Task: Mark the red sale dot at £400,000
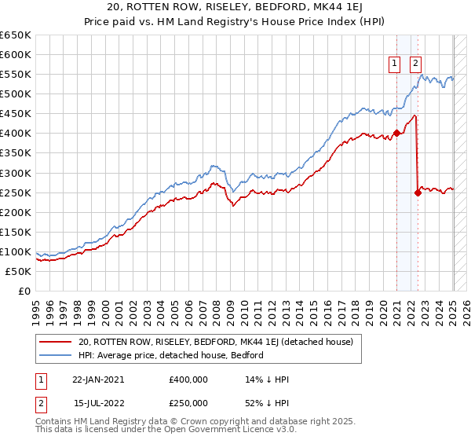coord(397,133)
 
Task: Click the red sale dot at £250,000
coord(418,192)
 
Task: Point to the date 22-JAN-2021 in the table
coord(98,379)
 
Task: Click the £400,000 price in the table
coord(188,379)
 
